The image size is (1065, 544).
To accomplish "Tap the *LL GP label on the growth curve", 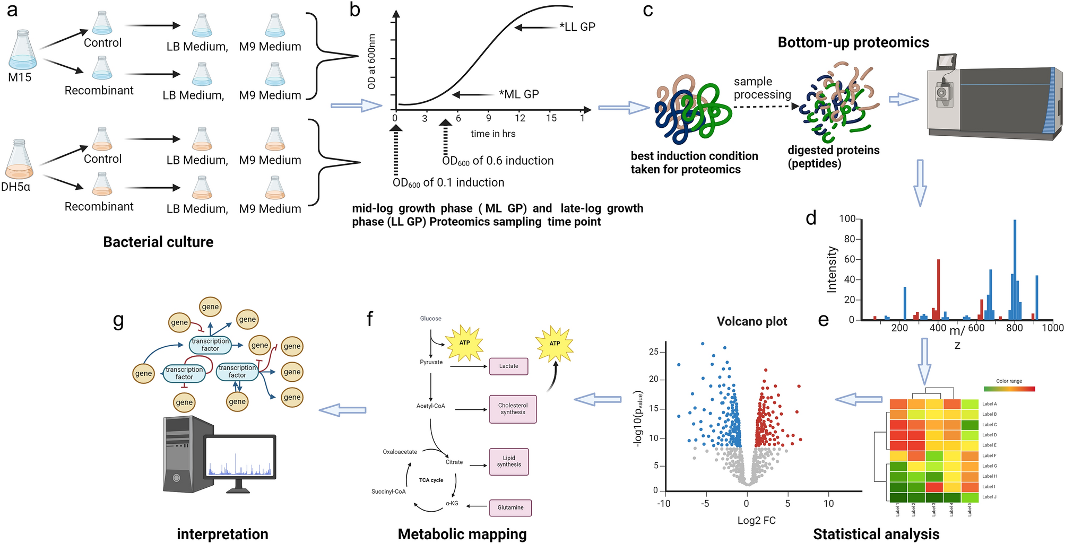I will click(x=577, y=27).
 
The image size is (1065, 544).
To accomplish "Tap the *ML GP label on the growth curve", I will click(x=519, y=94).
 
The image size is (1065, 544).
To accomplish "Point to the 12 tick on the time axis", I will click(x=520, y=118).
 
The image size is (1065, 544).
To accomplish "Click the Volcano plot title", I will click(x=751, y=321).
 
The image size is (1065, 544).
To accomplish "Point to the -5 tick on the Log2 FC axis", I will click(x=705, y=503).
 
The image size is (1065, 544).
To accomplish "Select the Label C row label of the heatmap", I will click(x=989, y=425).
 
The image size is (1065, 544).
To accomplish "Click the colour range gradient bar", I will click(x=1009, y=389).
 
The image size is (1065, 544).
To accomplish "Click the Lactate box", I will click(x=508, y=366).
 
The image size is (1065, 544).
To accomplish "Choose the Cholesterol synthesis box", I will click(x=513, y=409).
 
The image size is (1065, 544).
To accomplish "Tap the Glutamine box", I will click(x=510, y=507).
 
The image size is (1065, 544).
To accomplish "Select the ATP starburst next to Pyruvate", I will click(x=464, y=343).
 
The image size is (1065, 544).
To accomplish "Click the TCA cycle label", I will click(x=431, y=480).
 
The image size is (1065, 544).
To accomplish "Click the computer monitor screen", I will click(x=240, y=457).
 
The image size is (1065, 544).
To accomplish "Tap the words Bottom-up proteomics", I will click(x=853, y=42).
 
